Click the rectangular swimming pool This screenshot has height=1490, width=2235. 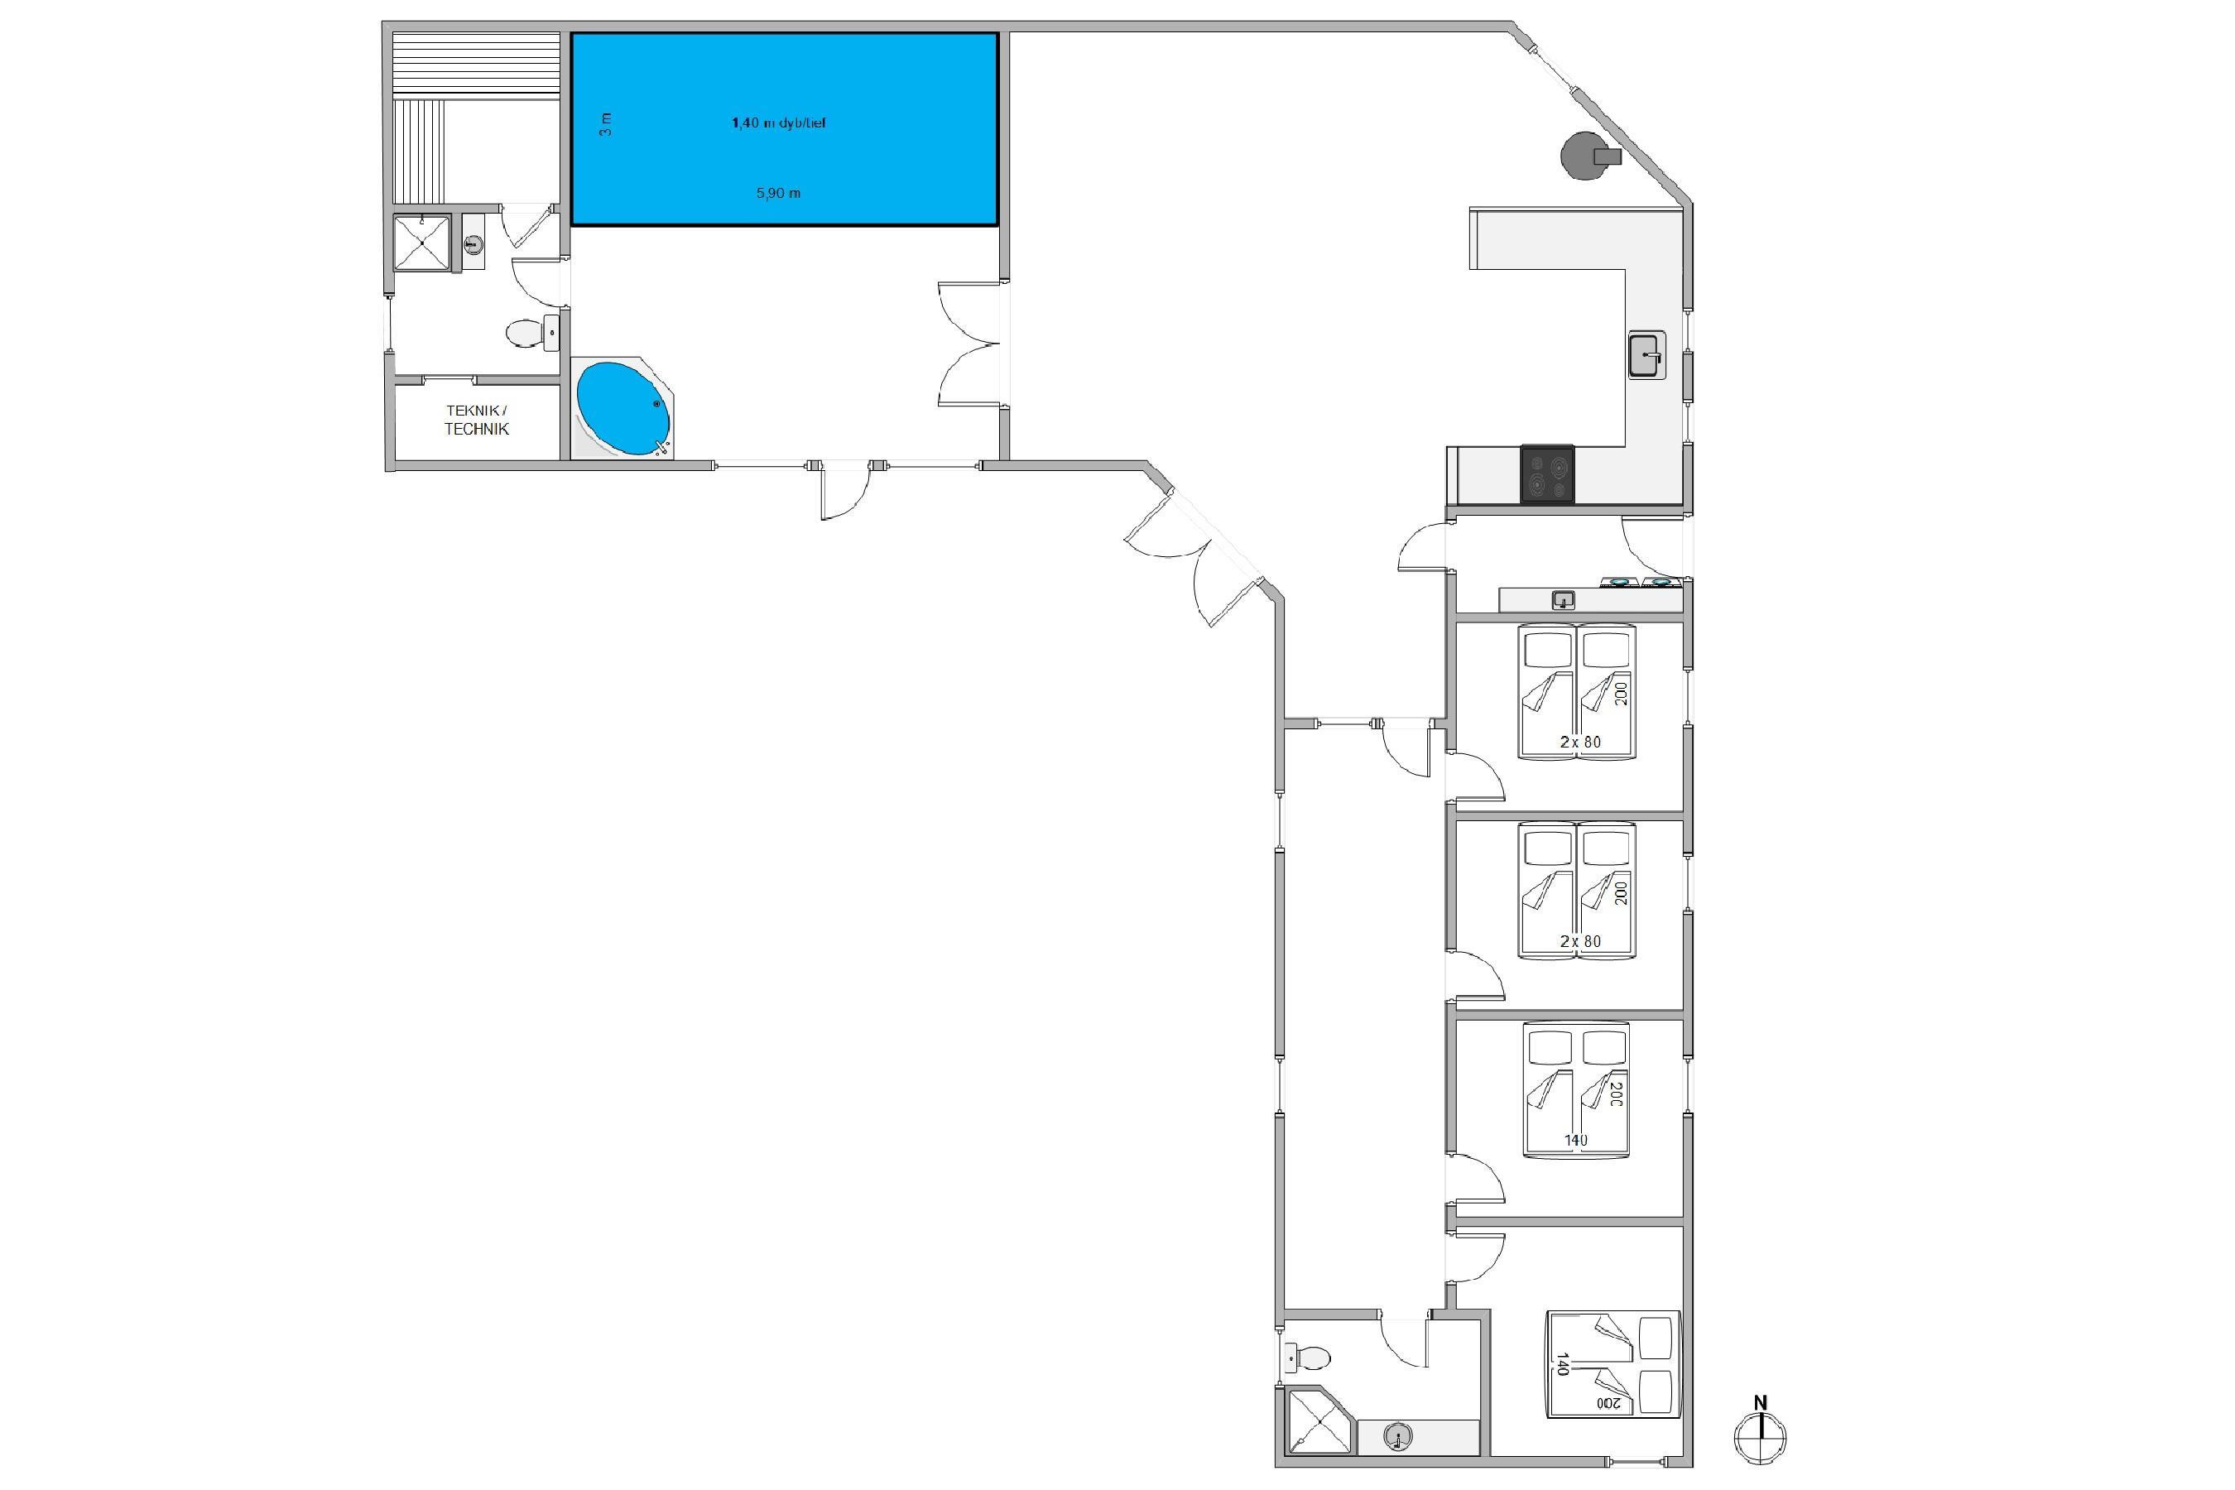coord(784,129)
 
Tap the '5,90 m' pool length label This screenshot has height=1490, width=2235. coord(778,193)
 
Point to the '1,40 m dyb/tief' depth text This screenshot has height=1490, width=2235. coord(778,123)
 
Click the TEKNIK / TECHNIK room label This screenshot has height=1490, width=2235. coord(477,420)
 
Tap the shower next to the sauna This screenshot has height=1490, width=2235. coord(422,243)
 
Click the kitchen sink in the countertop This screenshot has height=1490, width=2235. coord(1646,355)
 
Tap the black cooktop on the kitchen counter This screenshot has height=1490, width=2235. coord(1547,473)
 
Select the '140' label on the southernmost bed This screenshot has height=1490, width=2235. coord(1560,1364)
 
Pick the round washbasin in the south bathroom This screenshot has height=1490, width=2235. coord(1397,1436)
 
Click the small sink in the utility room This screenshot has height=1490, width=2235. coord(1563,599)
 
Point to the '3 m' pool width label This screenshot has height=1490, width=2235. coord(605,124)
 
